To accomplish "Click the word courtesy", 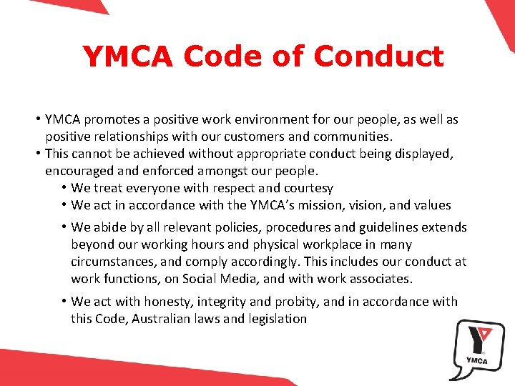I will point(308,188).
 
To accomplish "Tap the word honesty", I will point(165,302).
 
